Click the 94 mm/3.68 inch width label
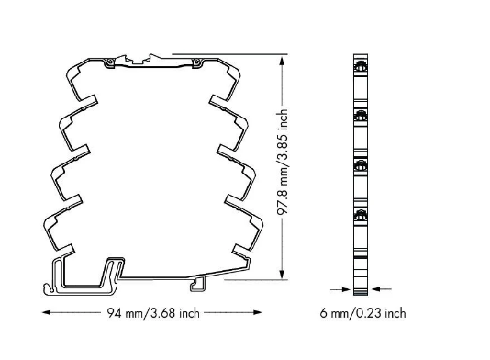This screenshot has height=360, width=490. (153, 313)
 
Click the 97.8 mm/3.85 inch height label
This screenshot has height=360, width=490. (283, 162)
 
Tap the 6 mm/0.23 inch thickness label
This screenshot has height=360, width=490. (362, 313)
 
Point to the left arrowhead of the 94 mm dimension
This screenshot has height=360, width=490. (46, 312)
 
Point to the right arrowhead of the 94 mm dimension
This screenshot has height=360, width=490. (258, 312)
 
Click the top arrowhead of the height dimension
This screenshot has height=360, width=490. (282, 60)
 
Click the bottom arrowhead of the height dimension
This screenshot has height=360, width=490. (282, 274)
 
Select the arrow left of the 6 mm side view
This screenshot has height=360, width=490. (340, 289)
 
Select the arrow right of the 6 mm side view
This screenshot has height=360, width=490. (381, 289)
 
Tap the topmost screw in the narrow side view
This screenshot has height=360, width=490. (361, 67)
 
